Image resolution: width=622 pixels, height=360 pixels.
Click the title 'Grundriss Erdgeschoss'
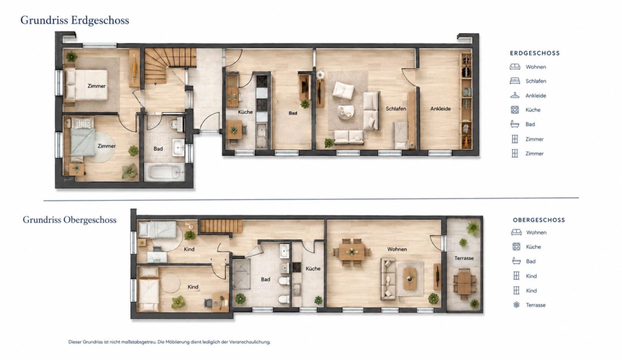pyautogui.click(x=75, y=20)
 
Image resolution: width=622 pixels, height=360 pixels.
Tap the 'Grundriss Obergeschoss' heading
pyautogui.click(x=69, y=220)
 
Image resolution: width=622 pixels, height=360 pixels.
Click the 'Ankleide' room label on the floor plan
pyautogui.click(x=440, y=109)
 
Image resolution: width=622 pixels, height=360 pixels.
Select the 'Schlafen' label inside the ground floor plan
pyautogui.click(x=396, y=109)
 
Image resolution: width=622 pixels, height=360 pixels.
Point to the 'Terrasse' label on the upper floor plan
pyautogui.click(x=464, y=258)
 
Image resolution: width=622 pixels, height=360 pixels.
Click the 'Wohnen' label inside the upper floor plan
pyautogui.click(x=397, y=249)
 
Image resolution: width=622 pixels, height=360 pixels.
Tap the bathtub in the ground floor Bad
pyautogui.click(x=165, y=172)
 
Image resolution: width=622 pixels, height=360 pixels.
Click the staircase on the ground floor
pyautogui.click(x=170, y=66)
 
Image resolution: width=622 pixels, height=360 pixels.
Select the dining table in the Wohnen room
pyautogui.click(x=352, y=252)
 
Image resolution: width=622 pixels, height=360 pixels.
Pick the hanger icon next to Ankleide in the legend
pyautogui.click(x=515, y=96)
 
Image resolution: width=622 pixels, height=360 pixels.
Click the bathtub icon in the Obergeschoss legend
pyautogui.click(x=516, y=261)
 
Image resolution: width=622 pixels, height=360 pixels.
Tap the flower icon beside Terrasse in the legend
pyautogui.click(x=516, y=305)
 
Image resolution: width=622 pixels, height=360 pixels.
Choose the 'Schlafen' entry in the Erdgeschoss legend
pyautogui.click(x=536, y=81)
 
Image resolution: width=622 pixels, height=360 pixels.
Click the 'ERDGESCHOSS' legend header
pyautogui.click(x=535, y=53)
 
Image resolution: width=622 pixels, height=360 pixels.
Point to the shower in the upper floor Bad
pyautogui.click(x=241, y=274)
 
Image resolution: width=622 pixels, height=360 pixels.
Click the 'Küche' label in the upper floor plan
pyautogui.click(x=313, y=269)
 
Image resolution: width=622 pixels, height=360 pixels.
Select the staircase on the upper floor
pyautogui.click(x=221, y=226)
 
